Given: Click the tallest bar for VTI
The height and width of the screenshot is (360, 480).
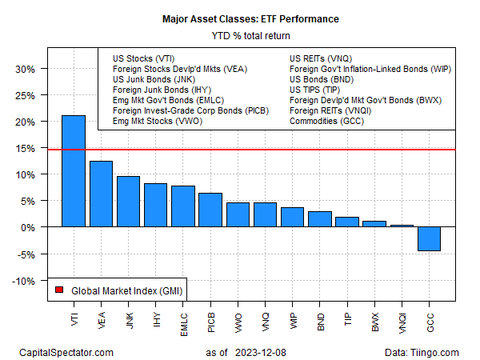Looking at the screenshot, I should coord(74,171).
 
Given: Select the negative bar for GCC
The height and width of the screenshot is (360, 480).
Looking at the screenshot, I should coord(429,239).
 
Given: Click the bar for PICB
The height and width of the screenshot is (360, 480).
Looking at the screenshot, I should coord(210,210).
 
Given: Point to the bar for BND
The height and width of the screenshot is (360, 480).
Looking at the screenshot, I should coord(319,219).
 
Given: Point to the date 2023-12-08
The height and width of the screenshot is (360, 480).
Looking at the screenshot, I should coord(265,352).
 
